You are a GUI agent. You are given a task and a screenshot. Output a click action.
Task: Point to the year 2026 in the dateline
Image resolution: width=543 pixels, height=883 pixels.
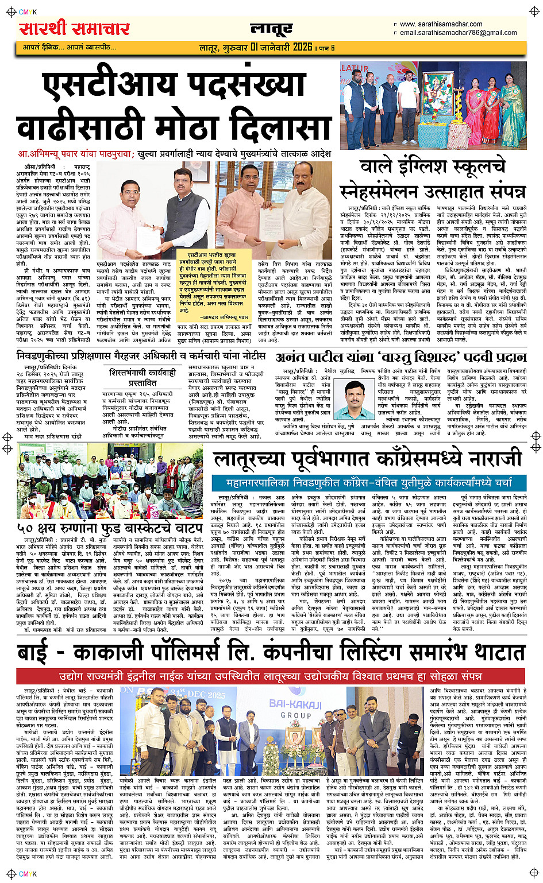(x=302, y=47)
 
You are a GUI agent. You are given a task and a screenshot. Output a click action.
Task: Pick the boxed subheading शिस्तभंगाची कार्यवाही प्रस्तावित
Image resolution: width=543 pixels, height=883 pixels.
(x=143, y=377)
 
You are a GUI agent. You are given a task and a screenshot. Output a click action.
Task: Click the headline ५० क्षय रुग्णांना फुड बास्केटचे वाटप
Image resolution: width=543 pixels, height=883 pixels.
(x=109, y=527)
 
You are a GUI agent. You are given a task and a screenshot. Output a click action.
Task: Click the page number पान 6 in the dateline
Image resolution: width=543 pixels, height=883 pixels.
(x=328, y=48)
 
